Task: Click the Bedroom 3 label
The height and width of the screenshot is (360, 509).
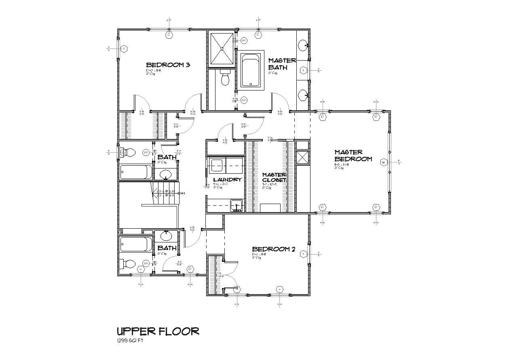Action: click(x=168, y=65)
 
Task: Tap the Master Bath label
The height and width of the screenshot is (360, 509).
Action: click(x=282, y=64)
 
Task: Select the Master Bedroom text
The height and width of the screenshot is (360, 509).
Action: click(x=353, y=156)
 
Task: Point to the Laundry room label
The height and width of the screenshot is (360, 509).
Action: click(x=227, y=179)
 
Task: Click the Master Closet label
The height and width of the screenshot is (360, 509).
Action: click(x=274, y=177)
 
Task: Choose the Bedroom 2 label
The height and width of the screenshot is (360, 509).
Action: click(x=273, y=249)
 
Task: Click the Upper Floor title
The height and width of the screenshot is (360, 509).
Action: click(x=158, y=331)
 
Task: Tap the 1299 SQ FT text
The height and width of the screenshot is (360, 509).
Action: click(x=130, y=341)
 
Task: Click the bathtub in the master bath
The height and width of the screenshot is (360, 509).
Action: click(x=252, y=71)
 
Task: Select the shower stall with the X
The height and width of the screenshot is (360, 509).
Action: click(x=222, y=48)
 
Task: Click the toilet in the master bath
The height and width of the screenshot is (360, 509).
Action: click(x=225, y=78)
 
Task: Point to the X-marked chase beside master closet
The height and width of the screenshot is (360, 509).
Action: click(x=302, y=157)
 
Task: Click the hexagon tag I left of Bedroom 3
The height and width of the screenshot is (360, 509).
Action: click(x=124, y=49)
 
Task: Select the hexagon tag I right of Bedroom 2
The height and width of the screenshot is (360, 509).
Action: click(x=304, y=254)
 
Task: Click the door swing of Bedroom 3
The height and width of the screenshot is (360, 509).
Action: click(x=142, y=103)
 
